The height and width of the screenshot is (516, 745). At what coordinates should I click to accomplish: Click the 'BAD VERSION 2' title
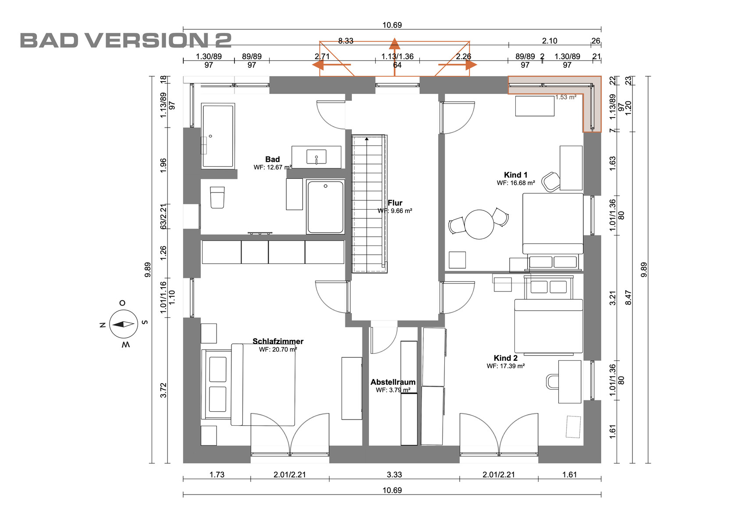126,40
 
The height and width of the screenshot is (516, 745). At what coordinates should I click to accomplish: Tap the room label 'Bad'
273,159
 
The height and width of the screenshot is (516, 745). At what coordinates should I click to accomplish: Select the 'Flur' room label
395,203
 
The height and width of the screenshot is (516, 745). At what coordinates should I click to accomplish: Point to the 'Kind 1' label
515,175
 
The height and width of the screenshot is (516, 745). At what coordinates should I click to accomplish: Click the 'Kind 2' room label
506,358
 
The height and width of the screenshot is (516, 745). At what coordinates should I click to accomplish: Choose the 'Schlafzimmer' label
278,342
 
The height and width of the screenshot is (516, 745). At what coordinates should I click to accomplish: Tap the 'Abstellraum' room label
393,382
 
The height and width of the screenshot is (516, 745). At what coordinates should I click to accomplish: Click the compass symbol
124,324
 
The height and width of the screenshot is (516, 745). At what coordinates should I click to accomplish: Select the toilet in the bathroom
217,197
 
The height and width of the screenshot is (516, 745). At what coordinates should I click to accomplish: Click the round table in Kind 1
479,224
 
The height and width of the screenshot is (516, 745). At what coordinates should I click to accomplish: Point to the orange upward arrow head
394,43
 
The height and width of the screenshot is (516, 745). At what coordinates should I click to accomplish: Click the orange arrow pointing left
331,64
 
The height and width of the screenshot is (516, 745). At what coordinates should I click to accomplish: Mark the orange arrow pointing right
458,64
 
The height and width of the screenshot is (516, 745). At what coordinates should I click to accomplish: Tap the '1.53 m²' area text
566,97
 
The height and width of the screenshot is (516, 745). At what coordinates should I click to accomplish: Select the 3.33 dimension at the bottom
394,474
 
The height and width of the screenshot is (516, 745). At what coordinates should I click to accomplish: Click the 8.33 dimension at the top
346,41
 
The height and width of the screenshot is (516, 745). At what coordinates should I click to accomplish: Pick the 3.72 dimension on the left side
163,390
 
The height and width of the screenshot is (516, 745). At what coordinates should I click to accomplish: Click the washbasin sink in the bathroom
316,157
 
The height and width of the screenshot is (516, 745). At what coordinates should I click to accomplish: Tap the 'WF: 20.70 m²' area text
278,349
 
